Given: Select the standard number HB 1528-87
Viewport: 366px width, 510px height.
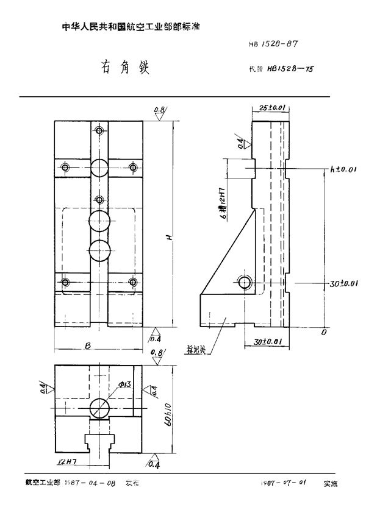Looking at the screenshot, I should [x=272, y=44].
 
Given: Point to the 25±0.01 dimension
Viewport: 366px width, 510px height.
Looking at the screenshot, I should [x=271, y=108].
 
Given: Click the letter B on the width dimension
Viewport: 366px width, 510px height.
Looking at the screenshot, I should [x=88, y=346].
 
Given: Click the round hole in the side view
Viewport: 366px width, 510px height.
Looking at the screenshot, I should [x=244, y=282].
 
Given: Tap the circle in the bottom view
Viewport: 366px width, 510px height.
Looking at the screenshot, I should [x=98, y=407].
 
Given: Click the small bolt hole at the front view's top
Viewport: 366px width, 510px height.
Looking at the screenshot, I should [x=99, y=130].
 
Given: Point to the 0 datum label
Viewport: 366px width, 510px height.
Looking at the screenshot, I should [x=324, y=333].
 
